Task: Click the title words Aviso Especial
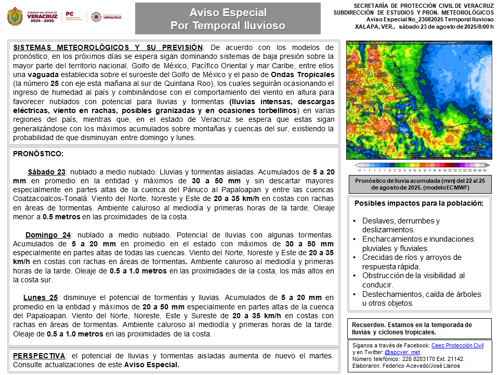[228, 12]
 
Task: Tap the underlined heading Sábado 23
[46, 172]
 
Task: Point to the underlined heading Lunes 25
[40, 297]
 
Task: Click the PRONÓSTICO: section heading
[38, 154]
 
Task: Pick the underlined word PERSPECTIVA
[39, 355]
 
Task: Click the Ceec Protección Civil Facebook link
[458, 345]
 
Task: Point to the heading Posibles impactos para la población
[419, 203]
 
